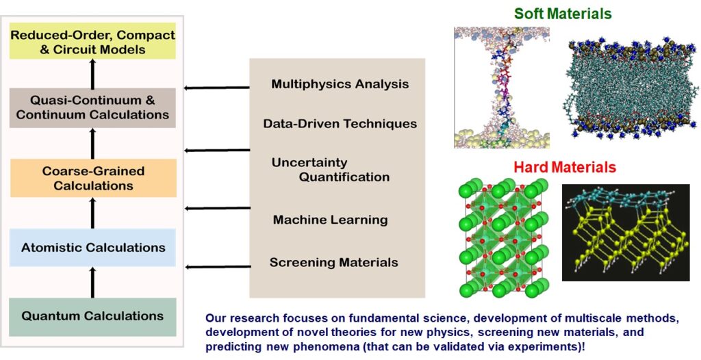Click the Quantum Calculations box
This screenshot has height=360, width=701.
pos(92,317)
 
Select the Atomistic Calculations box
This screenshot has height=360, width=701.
pos(92,247)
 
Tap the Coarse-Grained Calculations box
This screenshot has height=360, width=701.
pos(93,177)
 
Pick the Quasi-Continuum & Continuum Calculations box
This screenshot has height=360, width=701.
pos(92,107)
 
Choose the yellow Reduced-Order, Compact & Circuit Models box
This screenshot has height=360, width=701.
pos(92,41)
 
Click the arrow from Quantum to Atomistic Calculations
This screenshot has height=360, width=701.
pos(92,282)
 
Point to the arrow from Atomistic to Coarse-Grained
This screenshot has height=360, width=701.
pos(92,213)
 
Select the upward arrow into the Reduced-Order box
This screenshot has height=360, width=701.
pos(92,74)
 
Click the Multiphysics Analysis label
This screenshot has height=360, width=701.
pos(340,84)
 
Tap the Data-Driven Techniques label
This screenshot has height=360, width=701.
pos(340,123)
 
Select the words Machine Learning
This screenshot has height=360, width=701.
pos(331,220)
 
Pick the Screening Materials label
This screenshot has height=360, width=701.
pos(333,262)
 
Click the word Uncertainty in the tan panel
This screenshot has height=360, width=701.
pos(309,162)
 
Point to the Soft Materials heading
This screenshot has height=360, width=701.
pos(563,14)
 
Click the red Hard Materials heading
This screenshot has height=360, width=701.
pos(565,168)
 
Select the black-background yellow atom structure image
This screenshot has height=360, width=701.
pos(626,233)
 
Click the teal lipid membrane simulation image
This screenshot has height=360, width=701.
pos(631,88)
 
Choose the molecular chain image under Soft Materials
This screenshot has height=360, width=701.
pos(502,87)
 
